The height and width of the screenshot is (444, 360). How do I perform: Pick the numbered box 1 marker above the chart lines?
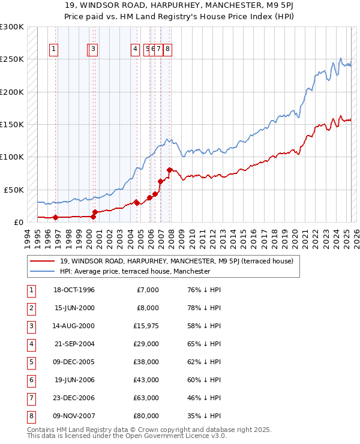click(54, 50)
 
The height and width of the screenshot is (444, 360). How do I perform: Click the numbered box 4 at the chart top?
click(136, 50)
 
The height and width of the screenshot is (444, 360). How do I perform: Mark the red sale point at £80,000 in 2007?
click(170, 170)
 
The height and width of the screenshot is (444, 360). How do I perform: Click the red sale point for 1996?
click(56, 217)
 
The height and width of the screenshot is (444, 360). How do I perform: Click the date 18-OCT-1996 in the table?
click(74, 290)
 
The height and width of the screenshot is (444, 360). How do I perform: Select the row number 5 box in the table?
click(30, 361)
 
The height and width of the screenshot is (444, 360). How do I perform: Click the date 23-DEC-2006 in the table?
click(74, 397)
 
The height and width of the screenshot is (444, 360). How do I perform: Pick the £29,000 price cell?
click(146, 343)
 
